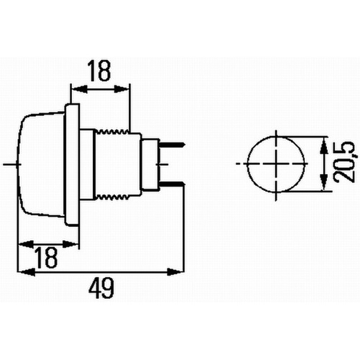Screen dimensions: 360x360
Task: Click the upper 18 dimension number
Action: pyautogui.click(x=100, y=72)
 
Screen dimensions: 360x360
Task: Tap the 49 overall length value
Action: pyautogui.click(x=101, y=289)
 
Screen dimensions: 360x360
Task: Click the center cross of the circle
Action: pyautogui.click(x=276, y=163)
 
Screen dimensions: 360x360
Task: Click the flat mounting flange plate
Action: pyautogui.click(x=73, y=163)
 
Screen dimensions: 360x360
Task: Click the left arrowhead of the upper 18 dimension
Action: pyautogui.click(x=76, y=89)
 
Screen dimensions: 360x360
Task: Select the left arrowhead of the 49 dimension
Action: pyautogui.click(x=24, y=272)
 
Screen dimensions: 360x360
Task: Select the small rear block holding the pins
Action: pyautogui.click(x=150, y=163)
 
